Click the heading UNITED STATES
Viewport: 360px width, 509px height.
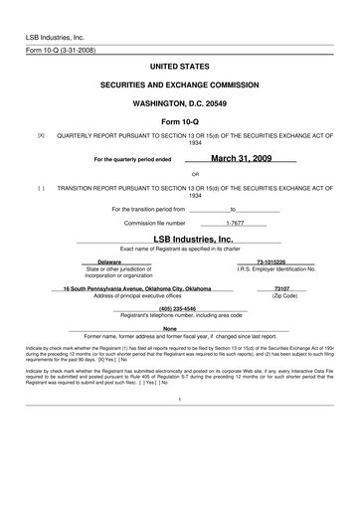179,66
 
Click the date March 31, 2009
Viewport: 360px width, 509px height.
241,157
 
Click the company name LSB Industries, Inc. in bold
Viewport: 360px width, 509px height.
193,240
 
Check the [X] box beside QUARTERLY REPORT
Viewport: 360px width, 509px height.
41,133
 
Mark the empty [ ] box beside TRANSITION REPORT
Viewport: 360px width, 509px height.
41,186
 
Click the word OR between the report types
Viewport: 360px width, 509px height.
181,174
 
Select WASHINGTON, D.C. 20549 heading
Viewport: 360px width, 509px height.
179,102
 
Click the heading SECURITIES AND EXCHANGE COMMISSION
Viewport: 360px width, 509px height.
179,85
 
